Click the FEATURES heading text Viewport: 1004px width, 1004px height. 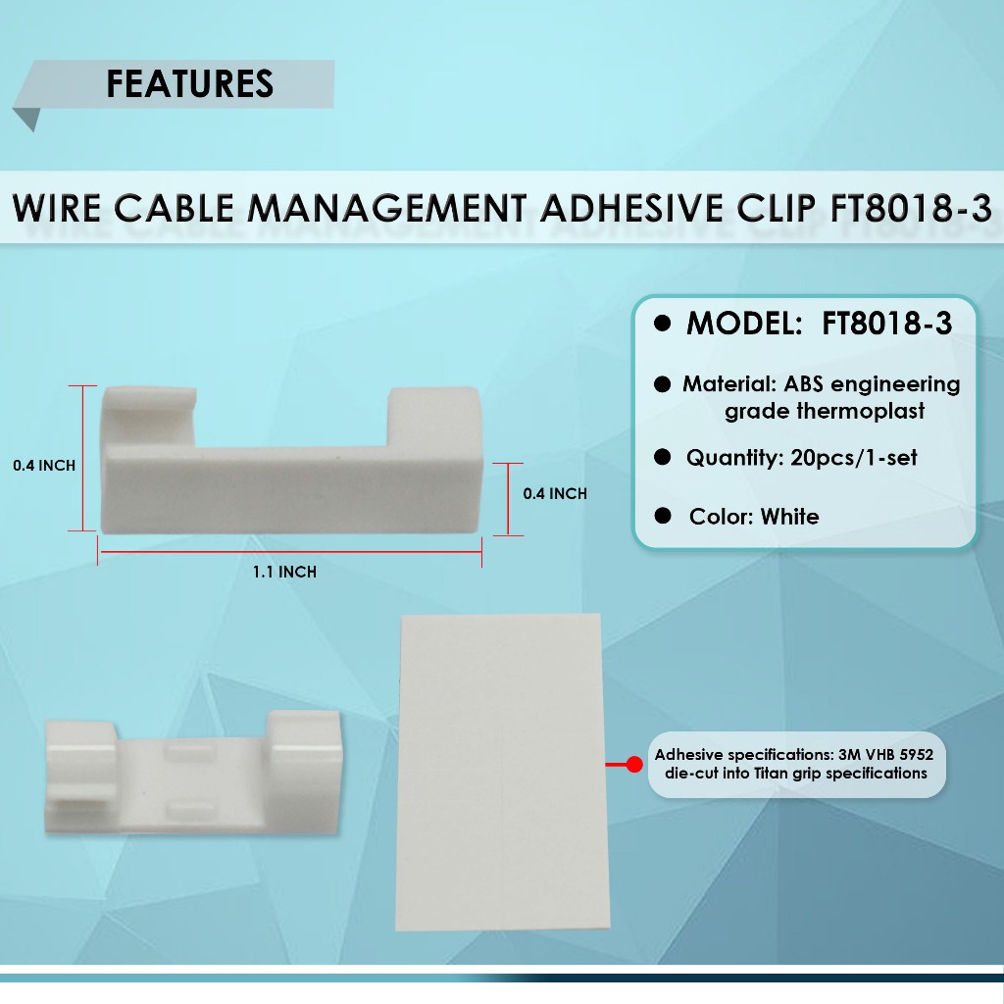pyautogui.click(x=189, y=84)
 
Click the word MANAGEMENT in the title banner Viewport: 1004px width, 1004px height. pyautogui.click(x=386, y=208)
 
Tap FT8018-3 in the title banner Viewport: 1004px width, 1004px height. pyautogui.click(x=911, y=208)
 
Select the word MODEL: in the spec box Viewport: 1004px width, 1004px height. pyautogui.click(x=744, y=324)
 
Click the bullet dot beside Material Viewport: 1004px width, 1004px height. pyautogui.click(x=662, y=384)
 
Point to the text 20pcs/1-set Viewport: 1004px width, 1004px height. pyautogui.click(x=854, y=457)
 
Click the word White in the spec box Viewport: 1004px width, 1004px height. pyautogui.click(x=789, y=516)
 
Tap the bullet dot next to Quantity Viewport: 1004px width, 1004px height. pyautogui.click(x=662, y=457)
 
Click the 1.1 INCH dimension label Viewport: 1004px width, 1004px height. pyautogui.click(x=285, y=572)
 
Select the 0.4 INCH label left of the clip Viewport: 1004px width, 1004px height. pyautogui.click(x=44, y=466)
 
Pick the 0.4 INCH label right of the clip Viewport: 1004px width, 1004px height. pyautogui.click(x=555, y=494)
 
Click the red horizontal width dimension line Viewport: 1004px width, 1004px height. pyautogui.click(x=289, y=551)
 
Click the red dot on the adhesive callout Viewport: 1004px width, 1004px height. pyautogui.click(x=634, y=764)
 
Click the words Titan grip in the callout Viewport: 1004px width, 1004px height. pyautogui.click(x=787, y=774)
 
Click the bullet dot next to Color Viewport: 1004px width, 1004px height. pyautogui.click(x=662, y=516)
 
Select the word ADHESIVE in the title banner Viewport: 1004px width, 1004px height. pyautogui.click(x=633, y=208)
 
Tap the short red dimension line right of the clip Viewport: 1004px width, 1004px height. pyautogui.click(x=508, y=499)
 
